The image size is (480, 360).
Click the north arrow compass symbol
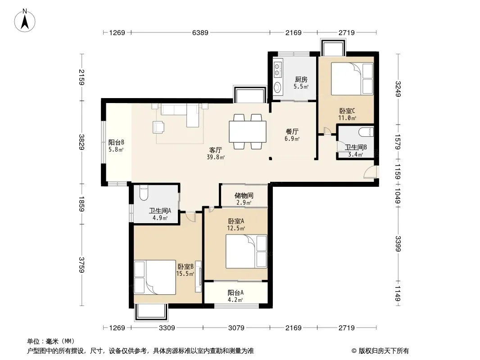tap(25, 20)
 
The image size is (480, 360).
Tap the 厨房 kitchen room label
tap(301, 80)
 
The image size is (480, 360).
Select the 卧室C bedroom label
tap(347, 111)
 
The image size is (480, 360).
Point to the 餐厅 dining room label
tap(292, 131)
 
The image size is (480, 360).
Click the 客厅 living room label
tap(216, 150)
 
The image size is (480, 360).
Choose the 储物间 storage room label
tap(244, 195)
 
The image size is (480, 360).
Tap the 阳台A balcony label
tap(235, 292)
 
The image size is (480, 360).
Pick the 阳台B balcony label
tap(116, 142)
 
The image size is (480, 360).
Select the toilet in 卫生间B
tap(366, 132)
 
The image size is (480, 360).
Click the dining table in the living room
tap(248, 131)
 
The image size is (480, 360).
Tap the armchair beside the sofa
tap(158, 127)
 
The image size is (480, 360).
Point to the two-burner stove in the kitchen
tap(278, 69)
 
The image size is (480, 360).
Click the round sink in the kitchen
tap(277, 87)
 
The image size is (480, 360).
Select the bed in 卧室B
tap(155, 277)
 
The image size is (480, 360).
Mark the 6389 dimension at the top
tap(200, 32)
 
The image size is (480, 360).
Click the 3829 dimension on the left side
tap(82, 142)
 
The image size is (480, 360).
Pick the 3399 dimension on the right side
tap(398, 244)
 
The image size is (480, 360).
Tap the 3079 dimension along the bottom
tap(236, 328)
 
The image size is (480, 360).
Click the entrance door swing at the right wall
tap(370, 172)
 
